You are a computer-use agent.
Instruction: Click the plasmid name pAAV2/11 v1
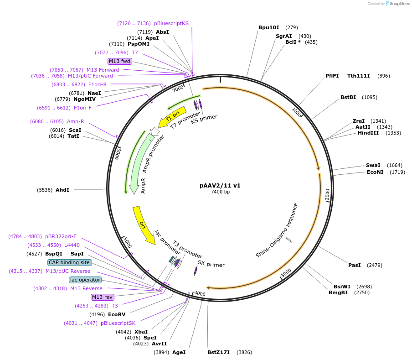(220, 185)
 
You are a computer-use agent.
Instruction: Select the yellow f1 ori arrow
(172, 117)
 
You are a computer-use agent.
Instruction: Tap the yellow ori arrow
(144, 225)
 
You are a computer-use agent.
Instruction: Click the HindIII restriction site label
(368, 133)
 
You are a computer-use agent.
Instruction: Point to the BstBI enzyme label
(348, 97)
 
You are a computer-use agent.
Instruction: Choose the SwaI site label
(373, 165)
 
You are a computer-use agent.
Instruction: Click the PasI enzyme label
(355, 265)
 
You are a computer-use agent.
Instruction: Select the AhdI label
(62, 190)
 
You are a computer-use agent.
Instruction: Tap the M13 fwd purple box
(119, 61)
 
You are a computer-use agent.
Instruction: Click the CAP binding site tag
(70, 262)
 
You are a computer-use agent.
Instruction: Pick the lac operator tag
(85, 280)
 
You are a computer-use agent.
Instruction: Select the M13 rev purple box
(102, 297)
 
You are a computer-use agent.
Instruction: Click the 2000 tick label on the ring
(327, 194)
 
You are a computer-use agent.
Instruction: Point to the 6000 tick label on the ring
(118, 153)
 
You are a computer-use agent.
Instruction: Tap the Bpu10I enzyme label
(268, 27)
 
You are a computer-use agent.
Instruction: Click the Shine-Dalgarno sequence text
(277, 230)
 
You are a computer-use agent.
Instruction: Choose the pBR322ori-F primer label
(61, 236)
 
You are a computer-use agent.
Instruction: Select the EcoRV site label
(117, 314)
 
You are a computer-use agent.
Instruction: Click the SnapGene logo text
(399, 3)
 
